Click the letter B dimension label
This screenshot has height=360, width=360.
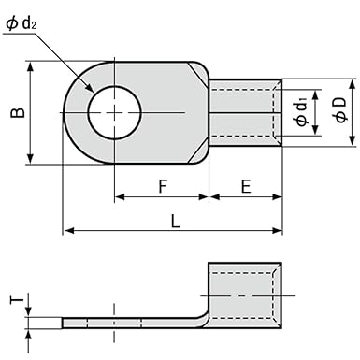[16, 113]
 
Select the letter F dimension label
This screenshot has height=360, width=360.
[162, 186]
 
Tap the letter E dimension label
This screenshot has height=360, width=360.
[245, 186]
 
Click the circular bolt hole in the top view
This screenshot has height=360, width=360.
[114, 113]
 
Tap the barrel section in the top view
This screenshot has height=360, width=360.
[245, 113]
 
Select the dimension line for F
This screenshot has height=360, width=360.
[162, 197]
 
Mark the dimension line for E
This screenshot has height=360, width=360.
[245, 197]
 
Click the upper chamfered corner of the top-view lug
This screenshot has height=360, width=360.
[198, 71]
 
